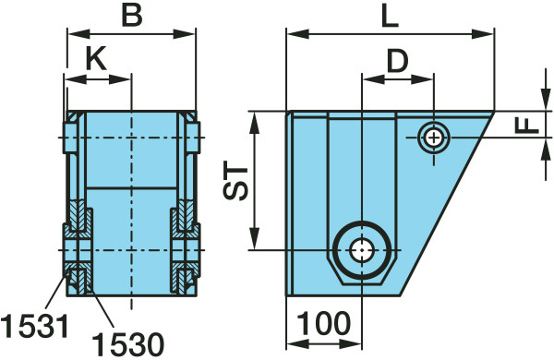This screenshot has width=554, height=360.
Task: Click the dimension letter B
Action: (x=132, y=16)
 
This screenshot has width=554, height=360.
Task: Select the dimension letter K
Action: (x=96, y=60)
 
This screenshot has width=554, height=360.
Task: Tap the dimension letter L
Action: (x=390, y=17)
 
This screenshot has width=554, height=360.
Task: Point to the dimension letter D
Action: (x=397, y=61)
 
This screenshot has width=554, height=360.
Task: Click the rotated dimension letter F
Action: (x=527, y=126)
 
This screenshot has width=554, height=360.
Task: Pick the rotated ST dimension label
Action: (x=235, y=183)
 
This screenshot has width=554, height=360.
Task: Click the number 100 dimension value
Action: (x=324, y=323)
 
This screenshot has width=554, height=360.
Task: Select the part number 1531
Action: (x=34, y=326)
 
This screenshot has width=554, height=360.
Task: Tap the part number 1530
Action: (x=128, y=344)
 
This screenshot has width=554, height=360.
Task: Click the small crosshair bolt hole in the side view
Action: (x=434, y=137)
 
